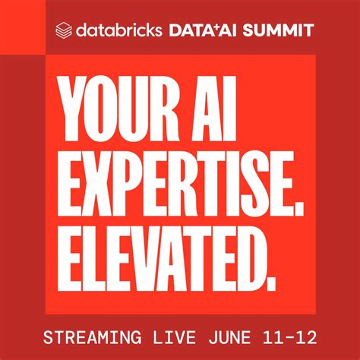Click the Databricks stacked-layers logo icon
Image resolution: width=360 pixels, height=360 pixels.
click(x=65, y=30)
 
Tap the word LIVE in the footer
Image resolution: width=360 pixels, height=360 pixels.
click(x=177, y=335)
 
